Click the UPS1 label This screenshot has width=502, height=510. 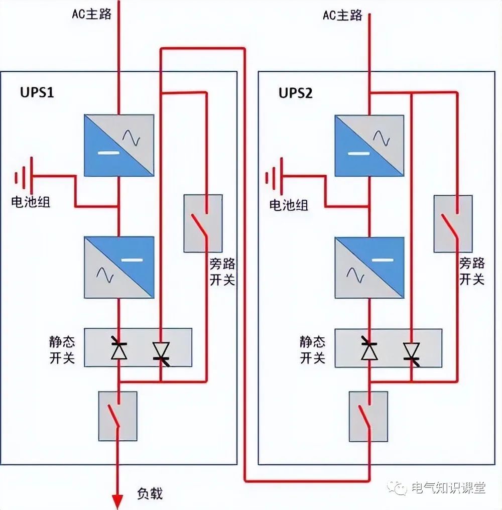click(37, 93)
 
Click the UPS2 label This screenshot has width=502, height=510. click(296, 93)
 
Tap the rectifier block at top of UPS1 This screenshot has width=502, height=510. click(118, 145)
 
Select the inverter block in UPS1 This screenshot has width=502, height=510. click(118, 268)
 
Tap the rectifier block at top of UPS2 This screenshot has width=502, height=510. click(369, 145)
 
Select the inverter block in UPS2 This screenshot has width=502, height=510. click(369, 268)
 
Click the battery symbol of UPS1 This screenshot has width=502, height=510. click(23, 177)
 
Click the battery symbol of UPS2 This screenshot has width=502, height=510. click(274, 177)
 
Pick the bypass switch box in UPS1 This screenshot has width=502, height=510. click(203, 223)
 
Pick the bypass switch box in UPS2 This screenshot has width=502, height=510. click(453, 223)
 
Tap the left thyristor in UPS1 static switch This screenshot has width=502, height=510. click(119, 347)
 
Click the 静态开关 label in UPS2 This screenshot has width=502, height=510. click(313, 350)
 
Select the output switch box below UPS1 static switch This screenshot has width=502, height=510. click(118, 416)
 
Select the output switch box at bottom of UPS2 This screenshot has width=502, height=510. click(368, 416)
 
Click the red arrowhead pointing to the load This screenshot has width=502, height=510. click(117, 499)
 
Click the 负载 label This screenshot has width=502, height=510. click(150, 493)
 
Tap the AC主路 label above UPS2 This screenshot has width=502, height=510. click(342, 16)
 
